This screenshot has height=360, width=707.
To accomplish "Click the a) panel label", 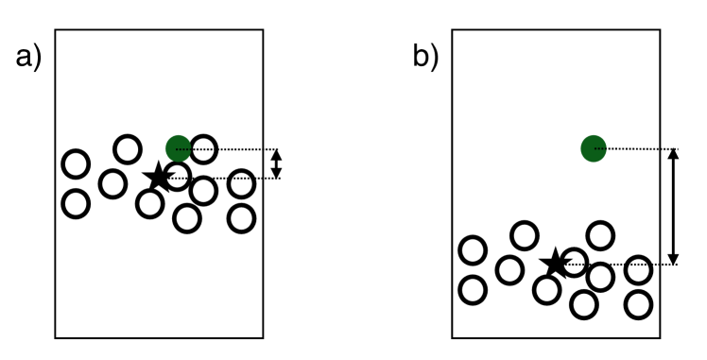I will (x=28, y=59).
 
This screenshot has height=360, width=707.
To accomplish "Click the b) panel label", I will (x=425, y=59).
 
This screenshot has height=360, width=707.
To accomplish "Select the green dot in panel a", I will (x=178, y=147).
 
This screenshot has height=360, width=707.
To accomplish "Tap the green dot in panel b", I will (x=593, y=147).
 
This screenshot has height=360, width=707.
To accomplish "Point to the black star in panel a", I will (x=158, y=177).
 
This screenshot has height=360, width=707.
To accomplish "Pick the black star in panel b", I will (x=555, y=264).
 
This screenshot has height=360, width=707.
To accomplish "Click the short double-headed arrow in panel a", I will (x=276, y=163).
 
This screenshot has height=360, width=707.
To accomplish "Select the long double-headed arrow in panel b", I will (x=673, y=206).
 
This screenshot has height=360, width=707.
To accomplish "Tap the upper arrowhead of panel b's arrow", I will (x=673, y=154).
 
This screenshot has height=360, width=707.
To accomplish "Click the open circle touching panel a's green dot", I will (x=204, y=148).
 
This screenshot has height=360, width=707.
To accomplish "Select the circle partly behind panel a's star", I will (x=178, y=176).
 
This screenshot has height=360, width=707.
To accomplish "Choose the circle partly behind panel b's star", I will (x=574, y=262).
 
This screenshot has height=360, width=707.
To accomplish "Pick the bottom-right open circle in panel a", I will (x=242, y=218).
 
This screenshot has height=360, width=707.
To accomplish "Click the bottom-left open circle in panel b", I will (x=473, y=289).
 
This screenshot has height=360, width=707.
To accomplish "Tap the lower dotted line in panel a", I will (x=227, y=178).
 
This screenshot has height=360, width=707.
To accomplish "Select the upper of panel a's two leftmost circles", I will (x=76, y=164).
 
